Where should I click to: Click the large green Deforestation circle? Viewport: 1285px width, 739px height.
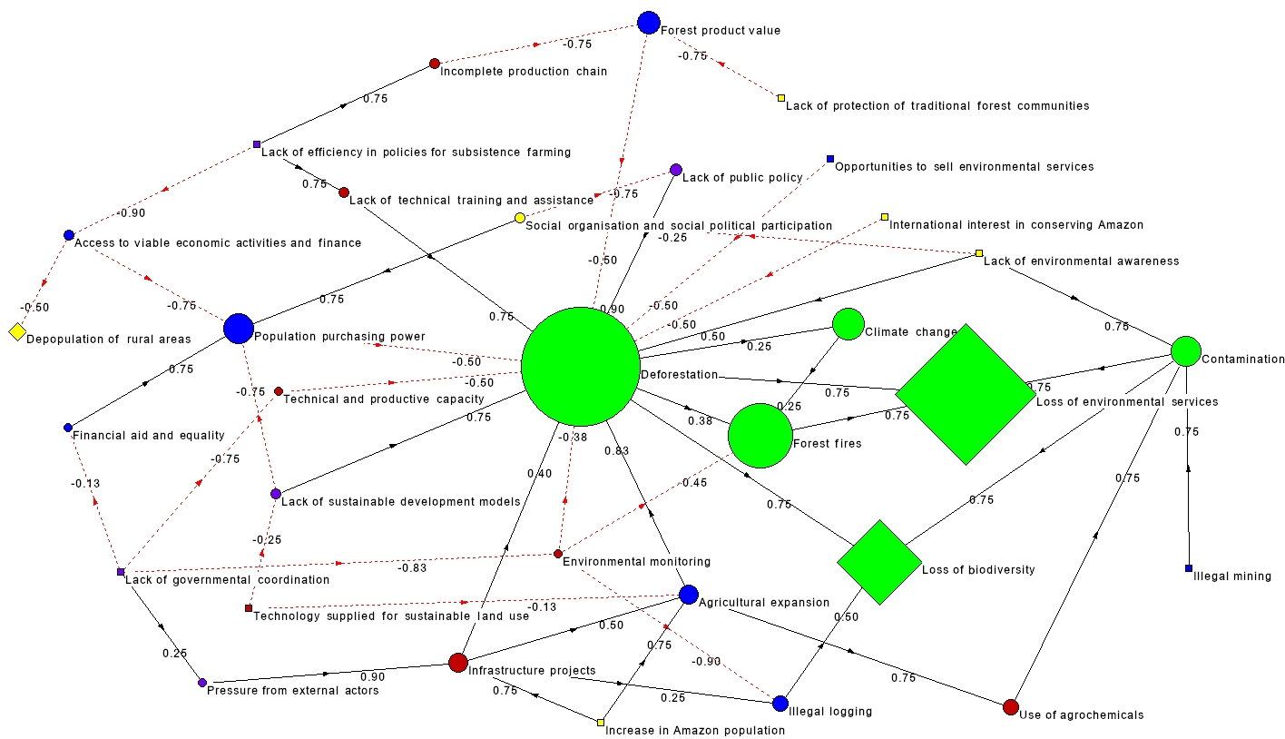(x=581, y=366)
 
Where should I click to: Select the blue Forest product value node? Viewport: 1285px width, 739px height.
(x=648, y=23)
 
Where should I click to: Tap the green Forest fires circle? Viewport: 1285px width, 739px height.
(x=760, y=436)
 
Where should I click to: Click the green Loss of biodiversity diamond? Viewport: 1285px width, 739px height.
(x=879, y=562)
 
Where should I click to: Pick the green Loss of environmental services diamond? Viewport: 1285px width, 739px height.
(x=965, y=394)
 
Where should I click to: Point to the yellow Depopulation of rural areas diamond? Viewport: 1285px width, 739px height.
(x=16, y=332)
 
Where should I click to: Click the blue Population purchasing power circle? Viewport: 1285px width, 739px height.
(x=238, y=329)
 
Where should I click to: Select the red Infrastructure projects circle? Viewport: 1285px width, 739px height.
(x=458, y=663)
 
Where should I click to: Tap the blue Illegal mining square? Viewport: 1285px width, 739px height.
(x=1188, y=568)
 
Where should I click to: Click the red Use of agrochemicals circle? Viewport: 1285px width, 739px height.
(x=1011, y=707)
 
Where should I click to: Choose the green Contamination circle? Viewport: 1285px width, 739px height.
(x=1186, y=351)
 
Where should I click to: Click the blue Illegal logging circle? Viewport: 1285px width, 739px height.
(x=780, y=704)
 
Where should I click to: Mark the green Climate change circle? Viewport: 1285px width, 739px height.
(x=848, y=324)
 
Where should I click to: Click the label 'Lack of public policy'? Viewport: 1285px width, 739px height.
(x=741, y=178)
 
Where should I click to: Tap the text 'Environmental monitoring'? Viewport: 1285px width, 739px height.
(x=636, y=562)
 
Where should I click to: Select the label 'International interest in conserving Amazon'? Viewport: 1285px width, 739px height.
(x=1016, y=224)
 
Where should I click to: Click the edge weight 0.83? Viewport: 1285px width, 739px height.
(x=616, y=450)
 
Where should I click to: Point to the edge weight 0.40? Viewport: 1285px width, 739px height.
(x=539, y=472)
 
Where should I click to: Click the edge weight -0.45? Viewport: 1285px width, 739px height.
(x=695, y=483)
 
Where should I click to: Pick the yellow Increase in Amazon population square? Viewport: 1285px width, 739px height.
(x=601, y=723)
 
